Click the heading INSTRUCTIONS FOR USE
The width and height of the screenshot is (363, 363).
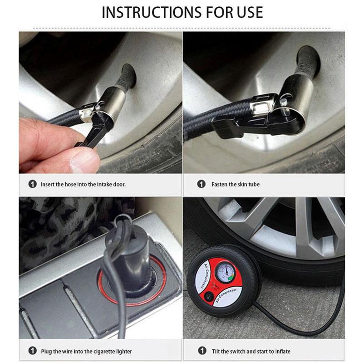(181, 12)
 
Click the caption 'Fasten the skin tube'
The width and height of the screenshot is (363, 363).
(235, 184)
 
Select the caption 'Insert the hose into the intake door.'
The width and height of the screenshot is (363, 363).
(83, 184)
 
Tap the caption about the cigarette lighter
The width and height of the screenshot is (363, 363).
(86, 351)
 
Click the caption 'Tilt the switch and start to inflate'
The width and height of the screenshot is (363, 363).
(250, 351)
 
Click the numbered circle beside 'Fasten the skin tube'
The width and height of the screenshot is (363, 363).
(201, 184)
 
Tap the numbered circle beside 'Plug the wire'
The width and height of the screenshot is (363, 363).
(32, 351)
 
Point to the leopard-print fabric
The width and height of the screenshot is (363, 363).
(54, 227)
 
